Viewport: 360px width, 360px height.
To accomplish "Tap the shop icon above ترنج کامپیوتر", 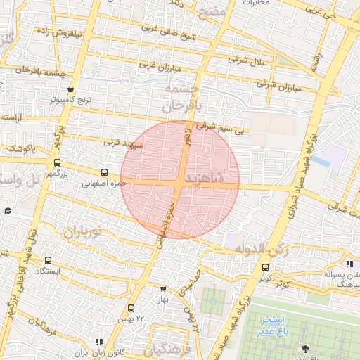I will click(x=71, y=89).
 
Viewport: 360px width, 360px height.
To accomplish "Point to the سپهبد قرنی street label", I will click(x=124, y=143).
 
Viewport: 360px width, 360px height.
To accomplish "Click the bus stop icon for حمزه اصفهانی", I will click(x=105, y=172).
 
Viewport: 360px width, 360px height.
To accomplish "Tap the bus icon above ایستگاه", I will click(x=48, y=260).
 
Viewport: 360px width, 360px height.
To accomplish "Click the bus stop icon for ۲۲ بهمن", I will click(x=131, y=308).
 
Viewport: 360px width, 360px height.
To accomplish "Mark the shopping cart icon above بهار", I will click(x=163, y=288).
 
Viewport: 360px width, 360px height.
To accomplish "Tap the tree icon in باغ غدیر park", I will click(x=304, y=349).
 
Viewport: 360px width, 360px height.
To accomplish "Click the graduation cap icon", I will click(x=8, y=210).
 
